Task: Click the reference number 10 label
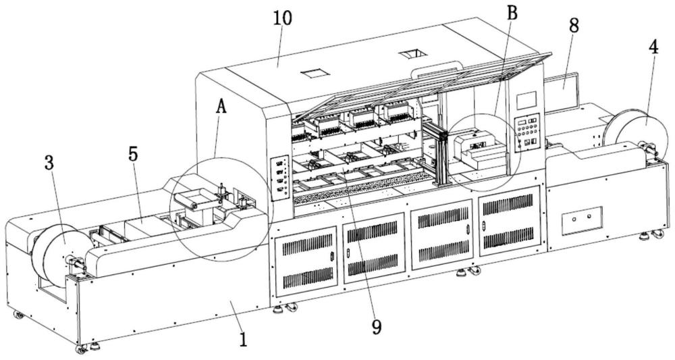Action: coord(282,18)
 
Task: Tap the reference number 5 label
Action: coord(133,154)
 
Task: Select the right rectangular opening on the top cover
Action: coord(409,53)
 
